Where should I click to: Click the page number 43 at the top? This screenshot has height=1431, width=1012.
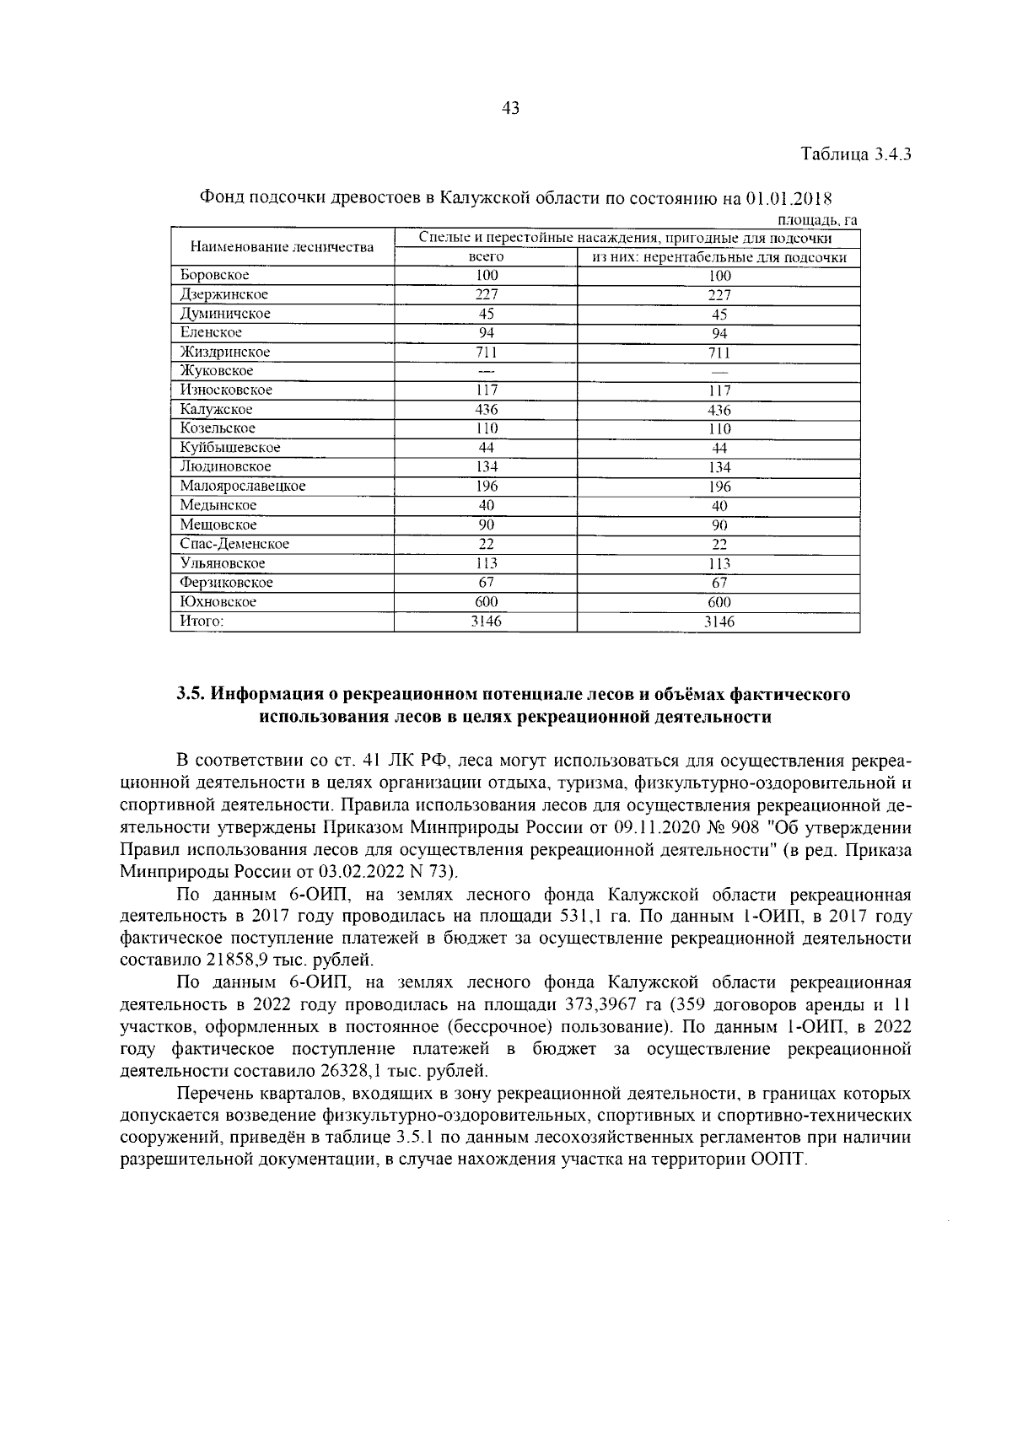[509, 108]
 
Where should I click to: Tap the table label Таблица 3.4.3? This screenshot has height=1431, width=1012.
[856, 155]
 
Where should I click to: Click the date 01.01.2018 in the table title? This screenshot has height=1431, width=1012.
[789, 200]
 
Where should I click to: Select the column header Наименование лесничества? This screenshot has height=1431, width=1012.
[282, 247]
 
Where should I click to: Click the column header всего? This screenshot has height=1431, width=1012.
[486, 257]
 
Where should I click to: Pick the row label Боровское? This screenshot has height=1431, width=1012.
[214, 275]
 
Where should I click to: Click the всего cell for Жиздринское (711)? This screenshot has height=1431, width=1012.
[486, 352]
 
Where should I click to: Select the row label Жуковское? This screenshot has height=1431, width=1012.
[216, 371]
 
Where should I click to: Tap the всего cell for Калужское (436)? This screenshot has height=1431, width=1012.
[486, 410]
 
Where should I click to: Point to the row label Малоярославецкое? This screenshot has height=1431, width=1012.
[242, 487]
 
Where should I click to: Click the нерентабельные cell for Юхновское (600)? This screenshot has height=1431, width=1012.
[719, 602]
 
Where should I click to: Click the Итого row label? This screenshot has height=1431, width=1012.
[202, 621]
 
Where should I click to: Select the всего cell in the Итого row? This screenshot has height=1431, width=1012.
[486, 621]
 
